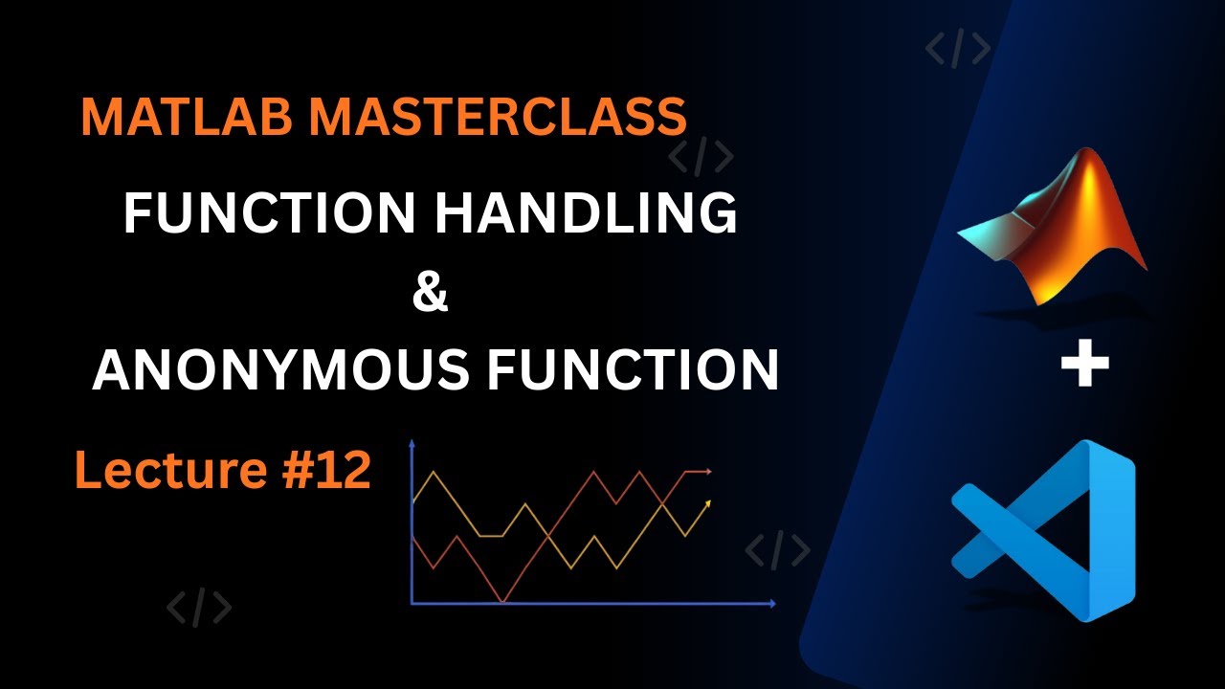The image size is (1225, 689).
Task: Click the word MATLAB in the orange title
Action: pyautogui.click(x=187, y=117)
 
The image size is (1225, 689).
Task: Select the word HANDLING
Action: pyautogui.click(x=586, y=212)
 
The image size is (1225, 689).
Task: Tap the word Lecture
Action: pyautogui.click(x=170, y=469)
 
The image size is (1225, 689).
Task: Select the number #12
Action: pyautogui.click(x=326, y=469)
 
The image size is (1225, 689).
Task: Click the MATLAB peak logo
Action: pyautogui.click(x=1053, y=230)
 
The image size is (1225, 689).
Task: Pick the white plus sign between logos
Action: pyautogui.click(x=1085, y=363)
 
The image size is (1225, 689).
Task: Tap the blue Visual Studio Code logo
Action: pyautogui.click(x=1044, y=530)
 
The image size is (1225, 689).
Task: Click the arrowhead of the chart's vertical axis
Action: pyautogui.click(x=412, y=443)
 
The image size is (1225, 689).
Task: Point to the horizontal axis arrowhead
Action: pyautogui.click(x=772, y=604)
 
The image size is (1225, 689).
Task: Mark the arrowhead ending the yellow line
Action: pyautogui.click(x=708, y=503)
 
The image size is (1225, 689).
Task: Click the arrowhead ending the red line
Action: pyautogui.click(x=708, y=472)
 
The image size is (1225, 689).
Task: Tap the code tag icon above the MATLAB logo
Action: pyautogui.click(x=958, y=49)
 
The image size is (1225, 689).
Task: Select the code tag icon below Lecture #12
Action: pyautogui.click(x=199, y=607)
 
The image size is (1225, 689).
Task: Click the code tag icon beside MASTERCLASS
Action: pyautogui.click(x=701, y=157)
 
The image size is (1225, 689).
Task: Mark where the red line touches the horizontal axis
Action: pyautogui.click(x=502, y=603)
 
